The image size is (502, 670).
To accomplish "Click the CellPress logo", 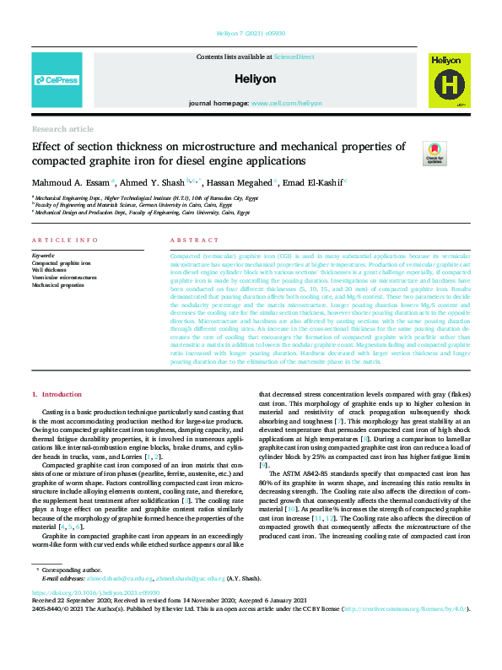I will click(57, 80).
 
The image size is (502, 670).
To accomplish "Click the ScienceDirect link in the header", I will click(294, 56).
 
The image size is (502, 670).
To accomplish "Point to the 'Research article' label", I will click(62, 128).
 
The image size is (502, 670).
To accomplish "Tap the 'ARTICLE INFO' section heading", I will click(65, 240).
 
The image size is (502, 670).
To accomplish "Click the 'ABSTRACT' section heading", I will click(195, 240).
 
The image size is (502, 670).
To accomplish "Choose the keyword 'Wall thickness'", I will click(51, 270).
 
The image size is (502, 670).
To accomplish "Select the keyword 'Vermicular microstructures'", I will click(64, 278).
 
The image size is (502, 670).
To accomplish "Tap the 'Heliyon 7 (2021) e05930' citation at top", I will click(251, 36).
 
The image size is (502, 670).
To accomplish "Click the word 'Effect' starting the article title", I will click(47, 146).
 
